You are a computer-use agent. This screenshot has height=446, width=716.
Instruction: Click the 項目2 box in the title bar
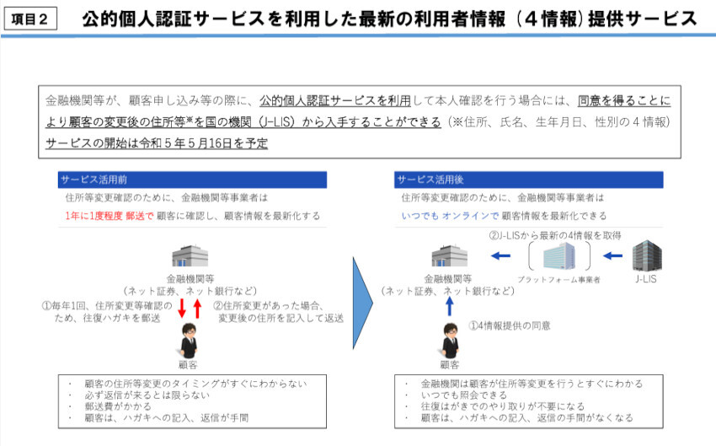[30, 19]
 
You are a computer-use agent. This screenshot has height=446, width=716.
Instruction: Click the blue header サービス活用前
[192, 180]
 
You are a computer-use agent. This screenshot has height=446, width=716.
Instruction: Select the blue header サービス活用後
[528, 180]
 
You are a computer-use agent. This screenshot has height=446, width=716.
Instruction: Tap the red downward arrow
[182, 308]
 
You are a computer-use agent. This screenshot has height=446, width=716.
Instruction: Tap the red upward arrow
[197, 308]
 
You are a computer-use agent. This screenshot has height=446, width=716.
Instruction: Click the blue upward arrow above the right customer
[449, 306]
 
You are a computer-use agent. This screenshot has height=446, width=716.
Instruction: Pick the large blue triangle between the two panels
[363, 303]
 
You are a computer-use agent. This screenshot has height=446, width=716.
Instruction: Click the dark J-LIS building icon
[647, 255]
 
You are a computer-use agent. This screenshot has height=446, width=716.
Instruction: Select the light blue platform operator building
[559, 256]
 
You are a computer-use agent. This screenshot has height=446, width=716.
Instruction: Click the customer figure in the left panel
[189, 341]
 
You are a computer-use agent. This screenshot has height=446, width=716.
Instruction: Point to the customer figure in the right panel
[451, 341]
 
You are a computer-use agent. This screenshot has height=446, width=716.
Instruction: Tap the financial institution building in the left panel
[190, 256]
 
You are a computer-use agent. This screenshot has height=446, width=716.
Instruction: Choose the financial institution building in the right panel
[450, 256]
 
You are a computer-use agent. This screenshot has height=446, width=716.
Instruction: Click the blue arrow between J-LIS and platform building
[612, 256]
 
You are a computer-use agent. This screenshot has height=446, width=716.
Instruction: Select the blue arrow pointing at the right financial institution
[500, 256]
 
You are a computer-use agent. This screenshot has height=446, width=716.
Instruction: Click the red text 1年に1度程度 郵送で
[110, 216]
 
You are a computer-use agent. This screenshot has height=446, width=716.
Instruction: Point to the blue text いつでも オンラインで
[451, 216]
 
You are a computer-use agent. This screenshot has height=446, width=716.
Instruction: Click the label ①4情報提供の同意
[510, 325]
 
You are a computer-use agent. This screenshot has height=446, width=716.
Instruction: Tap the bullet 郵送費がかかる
[118, 406]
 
